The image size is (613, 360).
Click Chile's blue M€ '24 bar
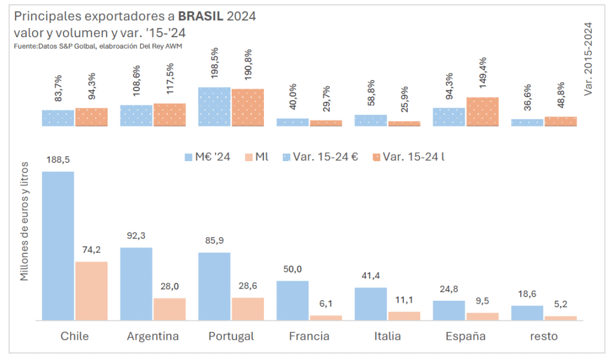pyautogui.click(x=58, y=246)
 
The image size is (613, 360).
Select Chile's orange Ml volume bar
pyautogui.click(x=92, y=291)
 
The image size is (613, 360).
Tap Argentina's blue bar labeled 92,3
pyautogui.click(x=136, y=284)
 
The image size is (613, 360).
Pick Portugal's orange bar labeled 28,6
pyautogui.click(x=248, y=308)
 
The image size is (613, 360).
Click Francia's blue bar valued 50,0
pyautogui.click(x=293, y=300)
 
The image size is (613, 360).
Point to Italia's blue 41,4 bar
pyautogui.click(x=371, y=304)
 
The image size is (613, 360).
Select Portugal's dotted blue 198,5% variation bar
pyautogui.click(x=214, y=107)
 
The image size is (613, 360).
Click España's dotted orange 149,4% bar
pyautogui.click(x=482, y=111)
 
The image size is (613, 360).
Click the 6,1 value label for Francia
pyautogui.click(x=326, y=304)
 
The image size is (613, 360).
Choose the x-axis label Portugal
pyautogui.click(x=231, y=336)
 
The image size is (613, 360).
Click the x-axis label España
pyautogui.click(x=465, y=336)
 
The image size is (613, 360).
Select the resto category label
pyautogui.click(x=544, y=336)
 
